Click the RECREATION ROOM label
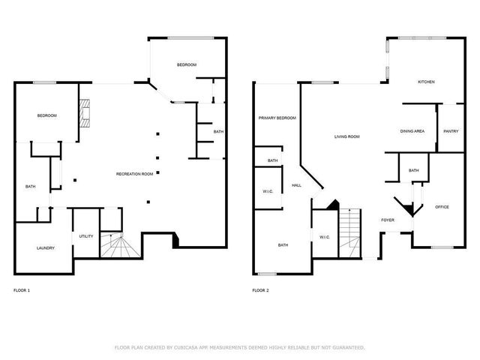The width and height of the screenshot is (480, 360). (x=135, y=174)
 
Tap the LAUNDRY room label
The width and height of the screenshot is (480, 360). (x=46, y=247)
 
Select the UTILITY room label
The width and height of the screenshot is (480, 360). (x=86, y=236)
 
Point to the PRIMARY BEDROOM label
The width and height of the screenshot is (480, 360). (x=277, y=118)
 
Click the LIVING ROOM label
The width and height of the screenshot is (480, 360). (x=347, y=136)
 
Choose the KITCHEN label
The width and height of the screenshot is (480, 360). (x=426, y=82)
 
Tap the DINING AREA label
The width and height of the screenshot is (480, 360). (x=412, y=131)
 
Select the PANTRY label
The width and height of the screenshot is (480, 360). (x=451, y=131)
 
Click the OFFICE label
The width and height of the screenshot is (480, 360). (x=442, y=206)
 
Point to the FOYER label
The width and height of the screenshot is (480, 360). (x=388, y=220)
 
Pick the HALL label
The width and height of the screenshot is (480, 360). (x=296, y=185)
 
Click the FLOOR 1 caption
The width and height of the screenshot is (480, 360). (x=22, y=289)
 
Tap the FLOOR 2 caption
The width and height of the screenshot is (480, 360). (x=260, y=289)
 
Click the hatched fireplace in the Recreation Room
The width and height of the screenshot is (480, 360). (x=86, y=112)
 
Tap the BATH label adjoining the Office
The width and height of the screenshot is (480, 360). (x=414, y=170)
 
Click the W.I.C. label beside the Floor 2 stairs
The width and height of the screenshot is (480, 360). (x=324, y=237)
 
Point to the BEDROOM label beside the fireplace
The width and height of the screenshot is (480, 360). (x=47, y=115)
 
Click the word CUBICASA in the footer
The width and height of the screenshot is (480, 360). (x=184, y=347)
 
